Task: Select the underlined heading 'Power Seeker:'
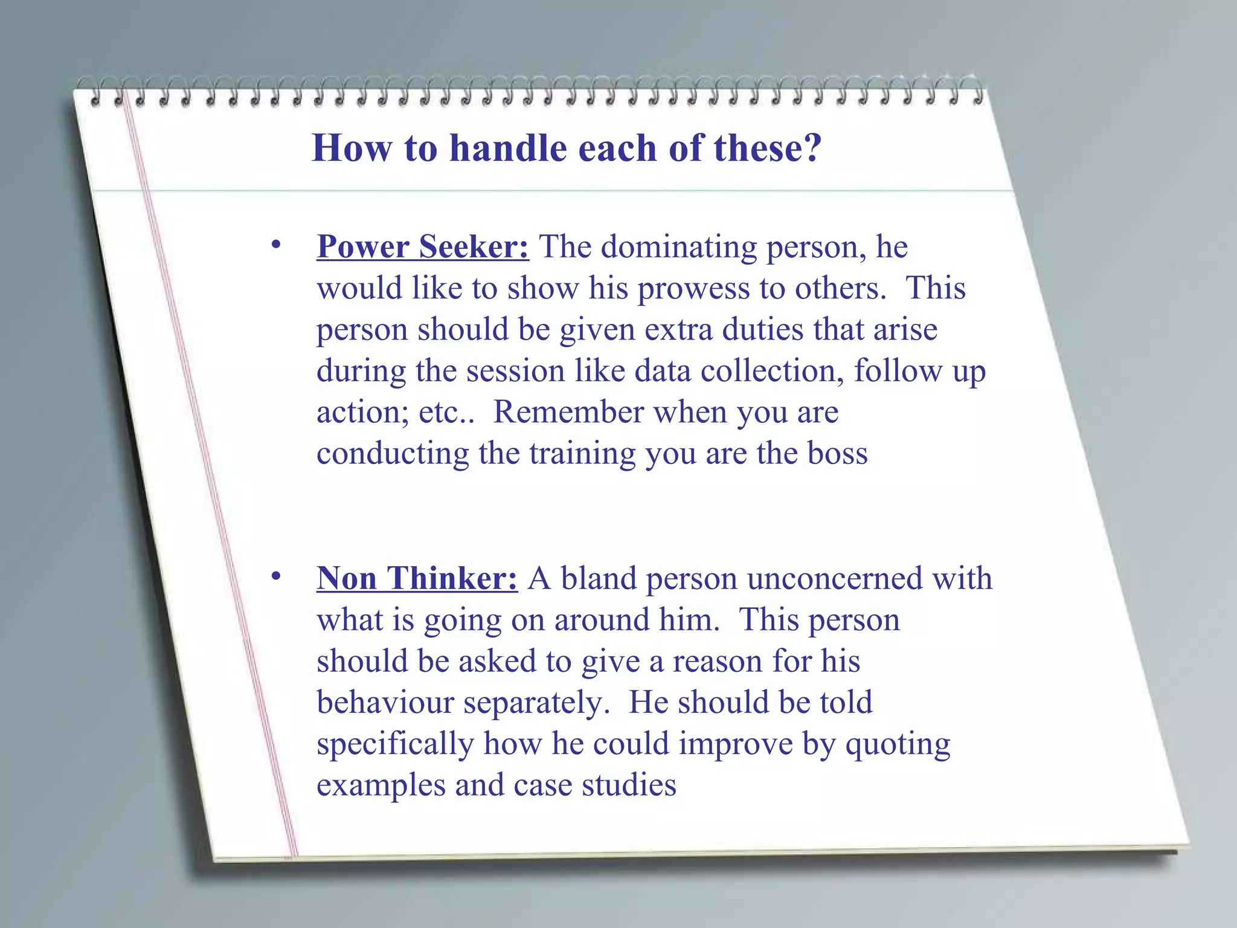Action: pyautogui.click(x=423, y=247)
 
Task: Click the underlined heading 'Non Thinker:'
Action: pyautogui.click(x=417, y=579)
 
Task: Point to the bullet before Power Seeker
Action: pyautogui.click(x=276, y=245)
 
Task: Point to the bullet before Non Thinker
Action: pyautogui.click(x=276, y=577)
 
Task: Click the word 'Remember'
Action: pyautogui.click(x=568, y=413)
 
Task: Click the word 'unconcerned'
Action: pyautogui.click(x=834, y=579)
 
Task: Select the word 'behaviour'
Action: pyautogui.click(x=385, y=703)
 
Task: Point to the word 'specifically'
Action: pyautogui.click(x=395, y=744)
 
